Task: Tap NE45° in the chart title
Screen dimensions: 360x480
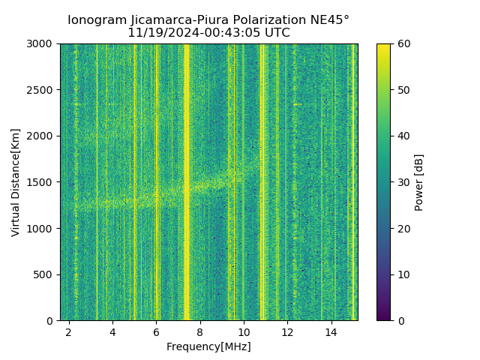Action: (x=328, y=20)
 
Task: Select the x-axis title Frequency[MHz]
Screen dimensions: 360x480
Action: (x=208, y=346)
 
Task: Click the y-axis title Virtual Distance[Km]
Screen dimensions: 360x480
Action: (x=16, y=182)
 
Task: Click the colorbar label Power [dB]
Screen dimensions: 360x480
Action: (x=419, y=182)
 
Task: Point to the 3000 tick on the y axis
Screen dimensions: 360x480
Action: (x=41, y=44)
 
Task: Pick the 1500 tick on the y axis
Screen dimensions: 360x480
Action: (x=41, y=182)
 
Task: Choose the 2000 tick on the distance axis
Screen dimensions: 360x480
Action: (x=41, y=136)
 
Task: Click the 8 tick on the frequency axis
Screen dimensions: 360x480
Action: (x=200, y=331)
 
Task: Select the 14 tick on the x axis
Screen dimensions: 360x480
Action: (x=331, y=331)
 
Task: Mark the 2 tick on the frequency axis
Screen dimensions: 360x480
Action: (x=69, y=331)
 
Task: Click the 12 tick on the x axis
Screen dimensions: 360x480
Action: (x=287, y=331)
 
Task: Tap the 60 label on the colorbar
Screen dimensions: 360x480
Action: (x=403, y=44)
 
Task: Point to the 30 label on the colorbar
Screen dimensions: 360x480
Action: (x=403, y=182)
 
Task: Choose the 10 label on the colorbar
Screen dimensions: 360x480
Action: (x=403, y=274)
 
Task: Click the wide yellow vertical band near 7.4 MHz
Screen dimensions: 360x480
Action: (x=187, y=180)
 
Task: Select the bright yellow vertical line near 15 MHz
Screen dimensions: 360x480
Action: (x=353, y=180)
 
